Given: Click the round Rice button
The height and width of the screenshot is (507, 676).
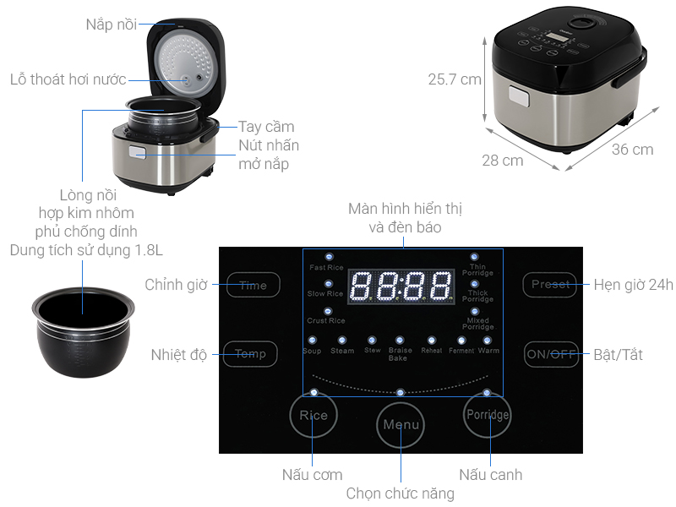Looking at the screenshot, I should point(313,415).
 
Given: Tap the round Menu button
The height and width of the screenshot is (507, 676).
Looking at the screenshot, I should point(401,424).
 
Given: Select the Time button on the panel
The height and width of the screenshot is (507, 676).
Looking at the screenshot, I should point(252,285).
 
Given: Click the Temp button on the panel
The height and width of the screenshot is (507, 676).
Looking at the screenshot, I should point(250,353).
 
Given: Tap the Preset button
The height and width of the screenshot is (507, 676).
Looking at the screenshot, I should point(550,284).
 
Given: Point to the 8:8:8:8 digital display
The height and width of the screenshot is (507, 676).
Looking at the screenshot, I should point(400,286).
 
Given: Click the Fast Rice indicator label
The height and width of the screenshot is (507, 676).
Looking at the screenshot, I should point(326,268).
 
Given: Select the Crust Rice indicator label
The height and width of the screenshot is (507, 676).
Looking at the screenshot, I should point(326,320).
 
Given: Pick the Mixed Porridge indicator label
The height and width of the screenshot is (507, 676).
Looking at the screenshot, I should point(477,324).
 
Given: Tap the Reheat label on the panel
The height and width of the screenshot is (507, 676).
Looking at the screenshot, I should point(432,350).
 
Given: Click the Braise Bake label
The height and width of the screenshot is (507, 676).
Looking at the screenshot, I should point(398,354).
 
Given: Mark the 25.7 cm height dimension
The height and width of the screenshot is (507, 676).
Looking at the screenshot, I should point(455,80).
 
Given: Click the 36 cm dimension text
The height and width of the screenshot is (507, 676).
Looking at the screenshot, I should point(631,150).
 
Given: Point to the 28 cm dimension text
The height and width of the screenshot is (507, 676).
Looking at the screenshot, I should point(503,160).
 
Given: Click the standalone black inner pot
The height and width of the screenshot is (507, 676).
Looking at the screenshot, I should point(77,324).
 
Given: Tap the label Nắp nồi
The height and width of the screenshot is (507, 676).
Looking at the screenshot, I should point(110,24).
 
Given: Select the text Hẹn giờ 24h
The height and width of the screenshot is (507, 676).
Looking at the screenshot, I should point(633,285).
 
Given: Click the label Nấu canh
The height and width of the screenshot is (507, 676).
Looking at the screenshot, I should point(490,474).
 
